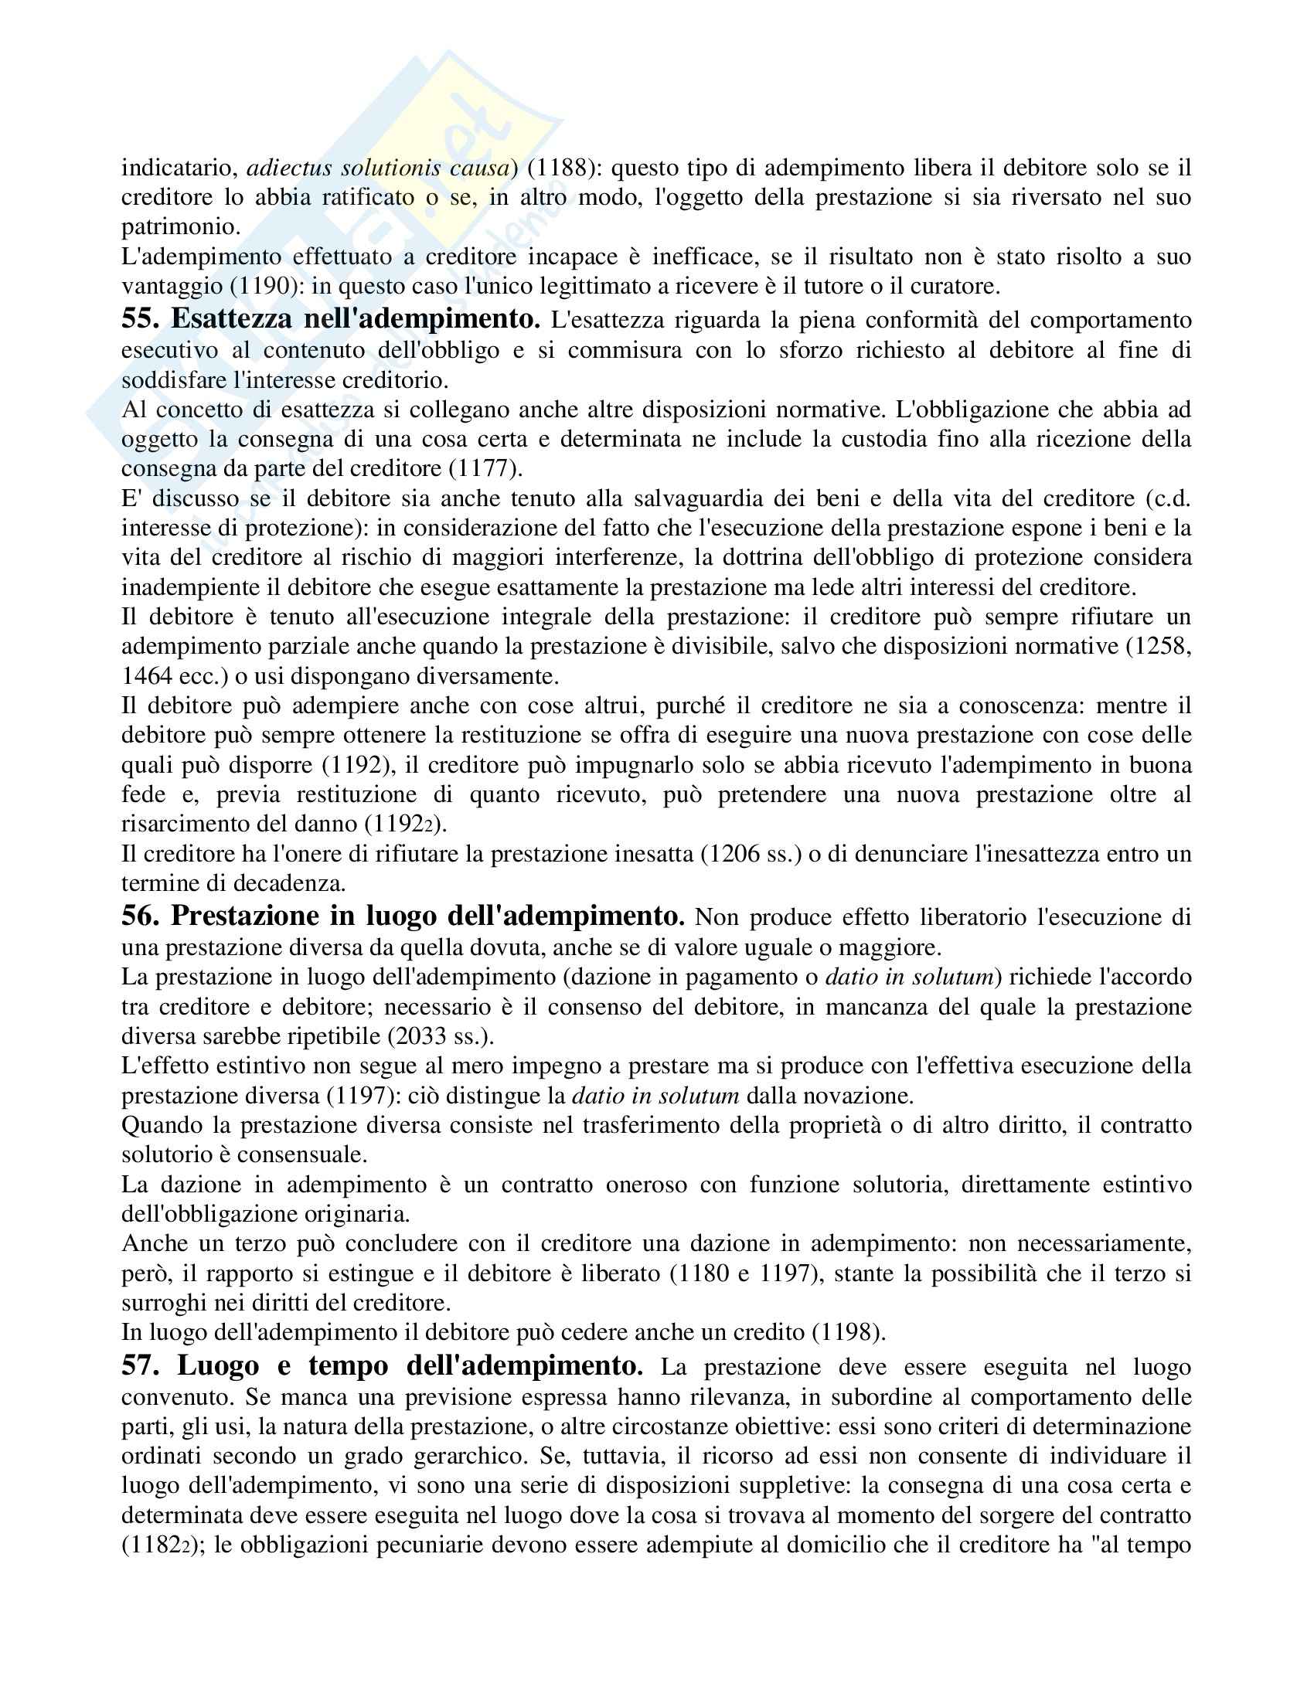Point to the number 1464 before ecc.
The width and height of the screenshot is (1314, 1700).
pos(145,675)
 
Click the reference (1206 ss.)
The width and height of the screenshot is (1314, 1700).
pos(751,854)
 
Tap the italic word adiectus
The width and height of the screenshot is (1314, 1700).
pos(289,168)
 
